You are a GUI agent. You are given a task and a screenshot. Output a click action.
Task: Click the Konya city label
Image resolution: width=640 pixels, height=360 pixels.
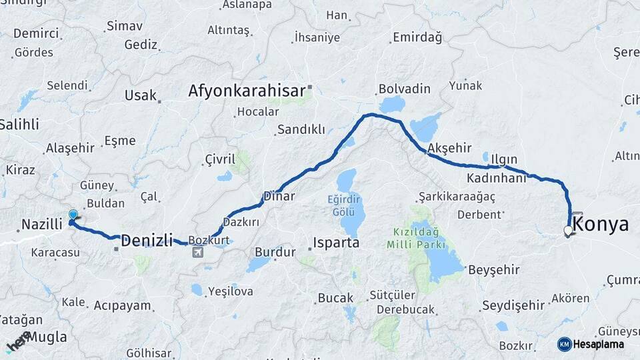coord(601,224)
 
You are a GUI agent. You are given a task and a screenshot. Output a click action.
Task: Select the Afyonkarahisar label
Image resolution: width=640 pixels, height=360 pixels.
coord(246,90)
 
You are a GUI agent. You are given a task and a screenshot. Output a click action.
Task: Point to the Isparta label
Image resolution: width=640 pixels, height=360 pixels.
coord(337,242)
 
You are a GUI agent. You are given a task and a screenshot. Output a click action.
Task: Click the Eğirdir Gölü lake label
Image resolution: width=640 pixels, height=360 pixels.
coord(344,205)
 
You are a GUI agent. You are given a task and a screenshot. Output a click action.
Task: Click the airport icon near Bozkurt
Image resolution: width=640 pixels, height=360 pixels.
coord(198,252)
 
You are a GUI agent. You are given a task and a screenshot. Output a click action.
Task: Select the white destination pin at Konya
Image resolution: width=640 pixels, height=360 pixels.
coord(568,231)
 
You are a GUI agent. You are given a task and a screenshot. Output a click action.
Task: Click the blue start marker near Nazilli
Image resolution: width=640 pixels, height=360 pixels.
coord(73,215)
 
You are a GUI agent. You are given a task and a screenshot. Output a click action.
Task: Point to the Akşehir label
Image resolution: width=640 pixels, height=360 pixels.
coord(449,147)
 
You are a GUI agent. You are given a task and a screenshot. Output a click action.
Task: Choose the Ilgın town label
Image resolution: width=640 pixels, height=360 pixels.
coord(504,159)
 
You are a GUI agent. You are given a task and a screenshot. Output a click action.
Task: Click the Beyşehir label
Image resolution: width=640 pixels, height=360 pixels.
coord(493,270)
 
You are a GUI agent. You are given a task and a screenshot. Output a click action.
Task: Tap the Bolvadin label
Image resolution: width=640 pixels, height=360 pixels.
coord(404,89)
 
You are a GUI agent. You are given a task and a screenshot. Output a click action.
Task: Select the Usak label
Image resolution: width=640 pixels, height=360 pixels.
coord(140,95)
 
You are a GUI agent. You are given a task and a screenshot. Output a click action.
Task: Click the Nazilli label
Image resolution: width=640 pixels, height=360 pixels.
coord(41,225)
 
